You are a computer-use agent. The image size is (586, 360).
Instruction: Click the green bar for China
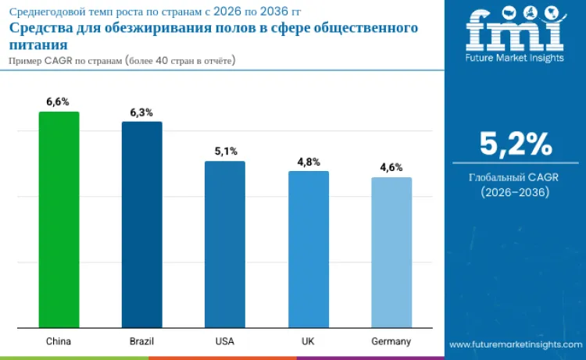[59, 219]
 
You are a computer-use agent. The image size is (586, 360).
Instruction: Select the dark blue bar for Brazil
[141, 225]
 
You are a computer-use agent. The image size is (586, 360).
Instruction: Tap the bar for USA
[225, 244]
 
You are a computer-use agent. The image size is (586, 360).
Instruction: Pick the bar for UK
[308, 249]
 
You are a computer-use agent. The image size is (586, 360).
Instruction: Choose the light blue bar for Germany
[391, 252]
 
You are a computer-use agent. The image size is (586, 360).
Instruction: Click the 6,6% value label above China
[59, 102]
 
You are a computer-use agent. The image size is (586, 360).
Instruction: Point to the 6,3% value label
[141, 112]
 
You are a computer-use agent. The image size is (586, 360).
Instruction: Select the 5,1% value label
[225, 151]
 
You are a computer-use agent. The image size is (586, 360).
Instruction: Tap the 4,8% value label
[308, 162]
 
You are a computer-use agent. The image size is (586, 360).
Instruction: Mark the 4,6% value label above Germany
[391, 167]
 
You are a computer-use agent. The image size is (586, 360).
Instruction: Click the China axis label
[59, 342]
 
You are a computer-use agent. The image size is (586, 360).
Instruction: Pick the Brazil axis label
[141, 342]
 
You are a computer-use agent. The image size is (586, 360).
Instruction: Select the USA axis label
[225, 342]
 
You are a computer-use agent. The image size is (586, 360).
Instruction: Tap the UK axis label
[308, 342]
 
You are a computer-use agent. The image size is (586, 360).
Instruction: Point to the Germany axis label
[391, 342]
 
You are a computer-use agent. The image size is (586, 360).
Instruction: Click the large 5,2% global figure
[515, 144]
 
